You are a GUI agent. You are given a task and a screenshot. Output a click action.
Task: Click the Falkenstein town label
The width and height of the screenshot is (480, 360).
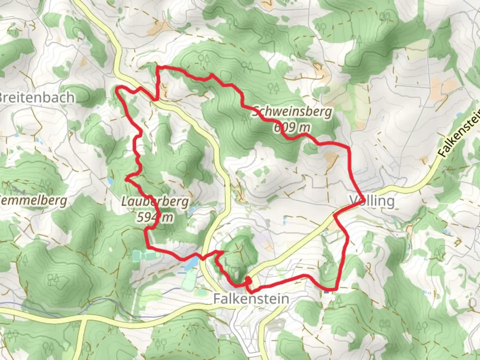tap(251, 299)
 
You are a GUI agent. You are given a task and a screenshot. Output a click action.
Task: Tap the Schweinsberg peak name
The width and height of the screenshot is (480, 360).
tap(292, 112)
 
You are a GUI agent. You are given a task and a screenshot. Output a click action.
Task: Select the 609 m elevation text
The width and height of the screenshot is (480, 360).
tap(292, 127)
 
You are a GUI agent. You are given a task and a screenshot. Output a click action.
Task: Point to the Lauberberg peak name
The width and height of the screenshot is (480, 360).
tap(155, 202)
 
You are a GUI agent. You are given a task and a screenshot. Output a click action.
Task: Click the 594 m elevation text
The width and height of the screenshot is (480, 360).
tap(155, 218)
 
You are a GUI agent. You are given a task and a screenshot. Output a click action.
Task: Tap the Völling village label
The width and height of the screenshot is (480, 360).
tap(372, 201)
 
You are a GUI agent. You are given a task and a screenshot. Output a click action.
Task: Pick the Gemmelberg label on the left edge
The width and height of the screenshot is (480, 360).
tap(33, 201)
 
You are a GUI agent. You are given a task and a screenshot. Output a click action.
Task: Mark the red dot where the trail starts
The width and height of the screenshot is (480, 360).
tap(248, 281)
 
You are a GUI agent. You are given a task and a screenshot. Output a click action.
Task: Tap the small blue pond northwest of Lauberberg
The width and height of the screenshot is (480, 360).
tap(110, 181)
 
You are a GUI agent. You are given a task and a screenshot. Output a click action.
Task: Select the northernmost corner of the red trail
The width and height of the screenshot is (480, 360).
tap(158, 68)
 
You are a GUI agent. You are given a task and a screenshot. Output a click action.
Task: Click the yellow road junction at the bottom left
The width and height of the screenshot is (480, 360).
tap(82, 319)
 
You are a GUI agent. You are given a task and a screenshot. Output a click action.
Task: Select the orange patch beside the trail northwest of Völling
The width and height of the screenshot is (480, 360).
tap(331, 159)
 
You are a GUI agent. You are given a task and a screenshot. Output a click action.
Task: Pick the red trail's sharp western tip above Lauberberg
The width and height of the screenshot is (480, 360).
tap(126, 179)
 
